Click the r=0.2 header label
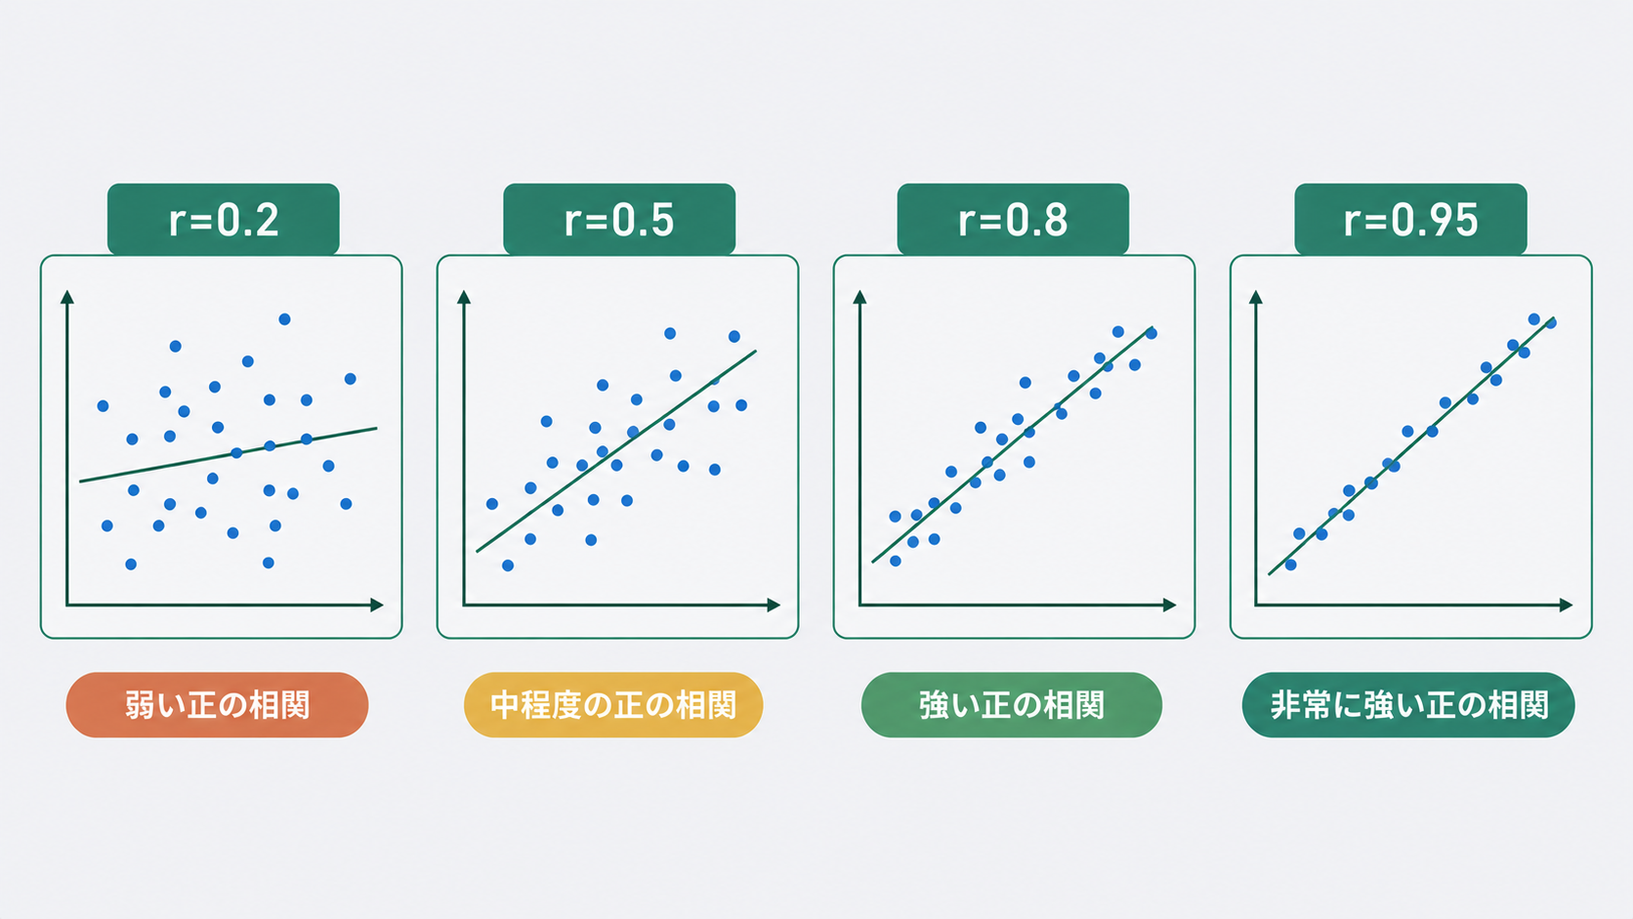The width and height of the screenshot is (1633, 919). tap(223, 219)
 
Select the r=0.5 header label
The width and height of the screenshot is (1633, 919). tap(619, 219)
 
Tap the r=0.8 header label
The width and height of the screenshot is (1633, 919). tap(1013, 219)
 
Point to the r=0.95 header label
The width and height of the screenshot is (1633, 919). tap(1410, 219)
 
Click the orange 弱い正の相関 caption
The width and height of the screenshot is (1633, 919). tap(217, 705)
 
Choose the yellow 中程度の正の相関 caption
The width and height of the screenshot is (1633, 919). tap(613, 705)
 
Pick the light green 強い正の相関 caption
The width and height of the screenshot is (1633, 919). tap(1012, 705)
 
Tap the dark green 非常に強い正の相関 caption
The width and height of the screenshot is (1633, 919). tap(1408, 705)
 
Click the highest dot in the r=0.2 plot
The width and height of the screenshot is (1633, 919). tap(284, 319)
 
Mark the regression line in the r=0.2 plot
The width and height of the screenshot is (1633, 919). tap(229, 455)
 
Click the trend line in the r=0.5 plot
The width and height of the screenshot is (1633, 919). tap(616, 451)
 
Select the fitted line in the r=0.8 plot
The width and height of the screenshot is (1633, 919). tap(1012, 444)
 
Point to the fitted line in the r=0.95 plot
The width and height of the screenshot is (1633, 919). tap(1411, 446)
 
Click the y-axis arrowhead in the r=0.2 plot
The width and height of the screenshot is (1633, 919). tap(67, 297)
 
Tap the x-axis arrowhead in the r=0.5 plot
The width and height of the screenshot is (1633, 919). tap(775, 605)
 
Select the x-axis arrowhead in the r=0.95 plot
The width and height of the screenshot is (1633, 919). tap(1566, 605)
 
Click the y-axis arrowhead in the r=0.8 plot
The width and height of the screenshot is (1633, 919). tap(859, 297)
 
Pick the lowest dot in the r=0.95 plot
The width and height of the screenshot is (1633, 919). tap(1290, 564)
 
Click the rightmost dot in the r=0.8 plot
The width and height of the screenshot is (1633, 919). tap(1151, 334)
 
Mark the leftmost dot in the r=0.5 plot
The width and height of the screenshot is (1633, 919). tap(492, 504)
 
